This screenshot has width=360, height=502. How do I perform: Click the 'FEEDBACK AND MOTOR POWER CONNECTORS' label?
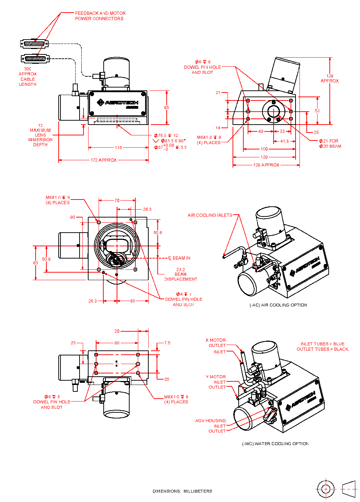(x=100, y=16)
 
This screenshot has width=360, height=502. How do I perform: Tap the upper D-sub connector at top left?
(x=34, y=44)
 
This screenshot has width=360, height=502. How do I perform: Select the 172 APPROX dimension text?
(x=103, y=160)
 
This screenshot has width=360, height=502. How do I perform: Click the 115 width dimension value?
(x=118, y=148)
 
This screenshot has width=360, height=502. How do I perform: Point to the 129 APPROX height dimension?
(x=330, y=79)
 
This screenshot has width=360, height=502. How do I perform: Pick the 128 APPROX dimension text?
(x=266, y=165)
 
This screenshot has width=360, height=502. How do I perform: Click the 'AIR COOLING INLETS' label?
(x=210, y=215)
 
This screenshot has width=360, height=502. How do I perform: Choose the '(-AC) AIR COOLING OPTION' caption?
(x=278, y=305)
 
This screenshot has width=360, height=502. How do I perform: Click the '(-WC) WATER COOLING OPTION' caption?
(x=275, y=444)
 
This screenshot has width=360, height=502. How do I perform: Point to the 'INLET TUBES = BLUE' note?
(x=322, y=344)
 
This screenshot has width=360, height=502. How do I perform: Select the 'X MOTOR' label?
(x=216, y=340)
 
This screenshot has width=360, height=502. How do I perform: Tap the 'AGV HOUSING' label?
(x=211, y=421)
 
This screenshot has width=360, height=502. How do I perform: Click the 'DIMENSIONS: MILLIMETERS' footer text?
(x=182, y=491)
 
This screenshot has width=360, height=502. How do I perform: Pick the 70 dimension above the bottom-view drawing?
(x=117, y=201)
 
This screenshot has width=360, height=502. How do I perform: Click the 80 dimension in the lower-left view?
(x=117, y=343)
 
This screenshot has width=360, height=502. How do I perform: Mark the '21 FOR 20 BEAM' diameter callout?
(x=330, y=144)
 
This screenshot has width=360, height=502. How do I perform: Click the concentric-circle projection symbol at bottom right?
(x=325, y=489)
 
